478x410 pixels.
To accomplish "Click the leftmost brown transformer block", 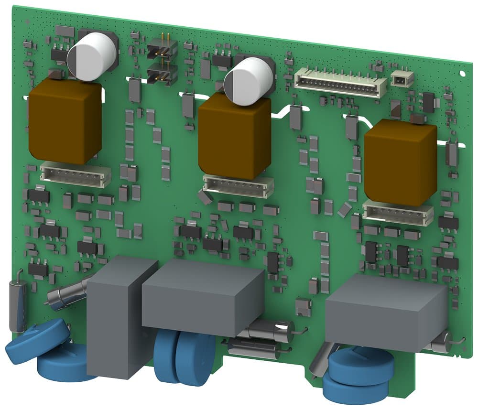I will [65, 121].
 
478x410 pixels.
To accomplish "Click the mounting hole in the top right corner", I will [462, 73].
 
